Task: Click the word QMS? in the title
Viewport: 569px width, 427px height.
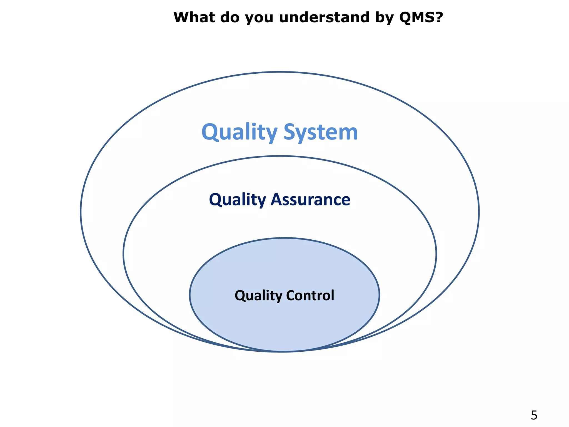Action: coord(421,17)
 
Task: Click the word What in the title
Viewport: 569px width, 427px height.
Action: coord(194,17)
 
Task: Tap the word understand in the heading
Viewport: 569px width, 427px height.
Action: coord(324,17)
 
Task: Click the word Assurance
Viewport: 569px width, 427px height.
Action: coord(310,200)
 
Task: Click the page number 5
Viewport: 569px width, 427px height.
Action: coord(534,415)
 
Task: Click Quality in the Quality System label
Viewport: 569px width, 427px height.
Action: coord(239,132)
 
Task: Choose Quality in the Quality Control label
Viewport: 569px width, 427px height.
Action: coord(258,295)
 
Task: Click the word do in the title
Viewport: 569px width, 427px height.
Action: coord(229,17)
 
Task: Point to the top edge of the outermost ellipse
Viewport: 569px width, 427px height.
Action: coord(280,72)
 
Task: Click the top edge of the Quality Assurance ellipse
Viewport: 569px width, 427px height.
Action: coord(280,156)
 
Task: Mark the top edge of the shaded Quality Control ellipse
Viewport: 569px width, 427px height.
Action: coord(284,238)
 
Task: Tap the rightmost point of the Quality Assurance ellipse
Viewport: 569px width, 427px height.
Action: coord(436,254)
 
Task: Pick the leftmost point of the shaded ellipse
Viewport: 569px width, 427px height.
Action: coord(190,295)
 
